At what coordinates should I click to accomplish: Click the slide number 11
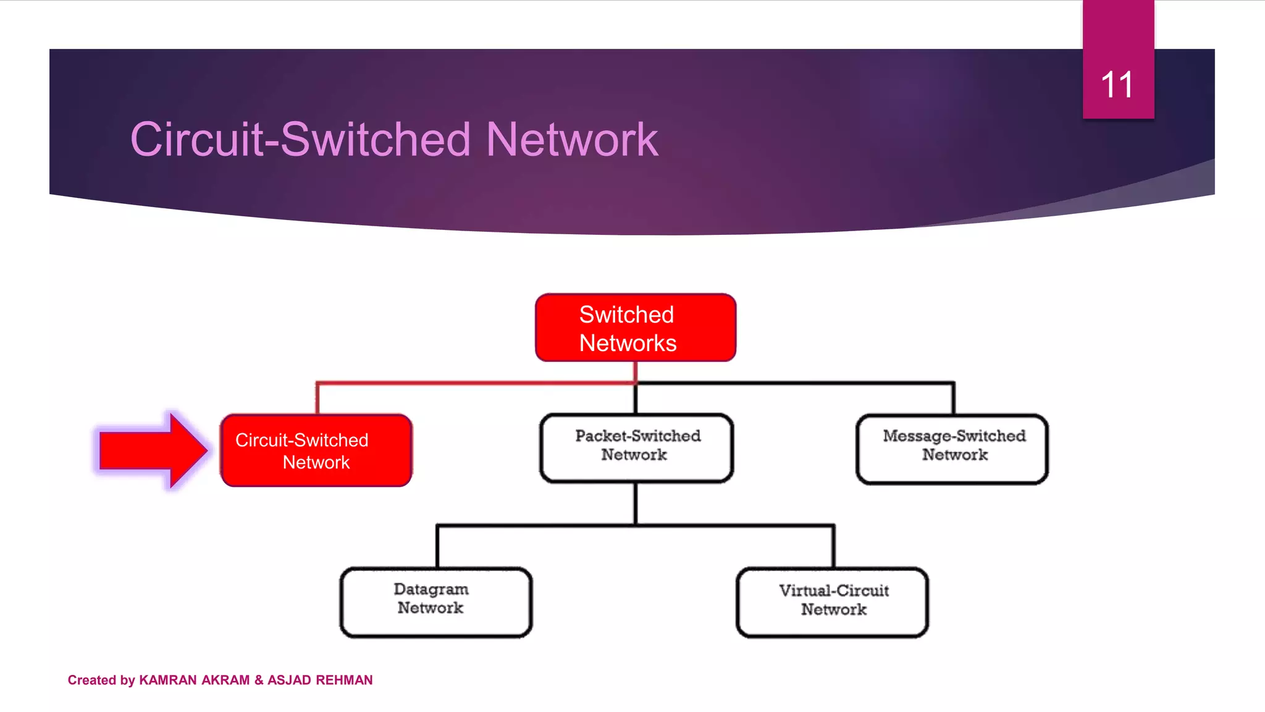1117,85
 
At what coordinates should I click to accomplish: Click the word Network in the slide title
572,140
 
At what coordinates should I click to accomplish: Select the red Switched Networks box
635,328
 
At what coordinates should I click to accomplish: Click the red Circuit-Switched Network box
316,451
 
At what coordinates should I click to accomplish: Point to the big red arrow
151,451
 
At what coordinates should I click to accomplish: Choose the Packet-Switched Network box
636,447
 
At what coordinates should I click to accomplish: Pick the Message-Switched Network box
952,449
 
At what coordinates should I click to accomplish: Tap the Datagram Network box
436,602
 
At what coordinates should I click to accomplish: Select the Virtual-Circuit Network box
832,603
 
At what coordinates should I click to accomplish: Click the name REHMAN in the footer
344,680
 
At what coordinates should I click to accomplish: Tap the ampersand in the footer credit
258,680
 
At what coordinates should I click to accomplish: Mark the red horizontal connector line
476,383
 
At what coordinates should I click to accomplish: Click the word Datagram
431,589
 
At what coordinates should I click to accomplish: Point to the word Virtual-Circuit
834,590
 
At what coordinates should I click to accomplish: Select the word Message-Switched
954,436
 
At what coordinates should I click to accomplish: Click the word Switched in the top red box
626,315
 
